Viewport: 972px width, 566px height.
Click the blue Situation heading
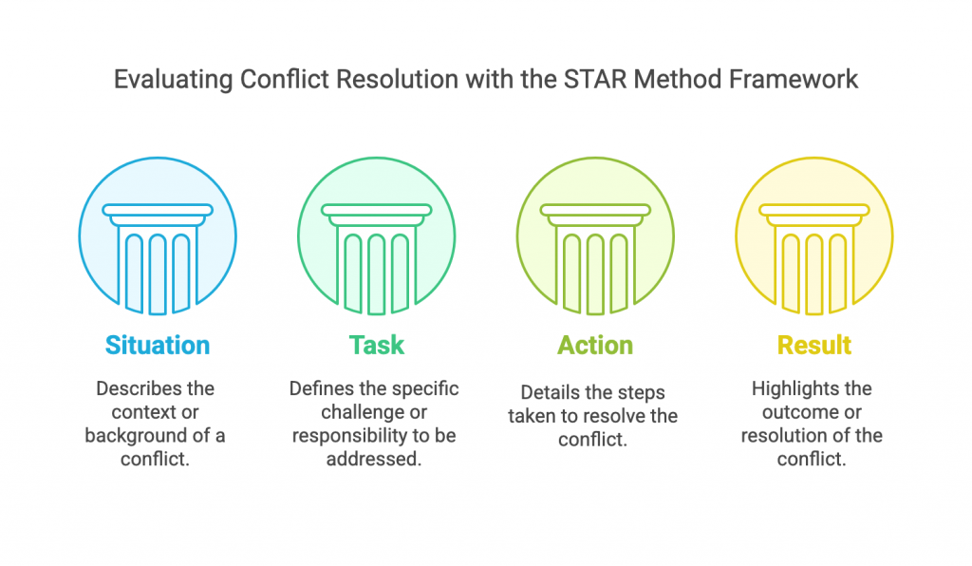(158, 346)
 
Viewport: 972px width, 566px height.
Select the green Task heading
(376, 346)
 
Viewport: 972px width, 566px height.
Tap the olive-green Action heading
(595, 346)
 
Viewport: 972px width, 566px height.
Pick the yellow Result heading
(813, 346)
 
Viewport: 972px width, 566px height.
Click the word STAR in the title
(595, 80)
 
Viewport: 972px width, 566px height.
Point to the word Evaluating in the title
(174, 80)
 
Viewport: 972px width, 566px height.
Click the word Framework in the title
(793, 80)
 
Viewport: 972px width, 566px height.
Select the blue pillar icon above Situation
(158, 259)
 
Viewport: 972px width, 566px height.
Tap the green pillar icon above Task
(376, 259)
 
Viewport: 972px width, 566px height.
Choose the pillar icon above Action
(595, 259)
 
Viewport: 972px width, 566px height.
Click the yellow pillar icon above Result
(813, 259)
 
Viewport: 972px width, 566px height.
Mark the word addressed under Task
(374, 459)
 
